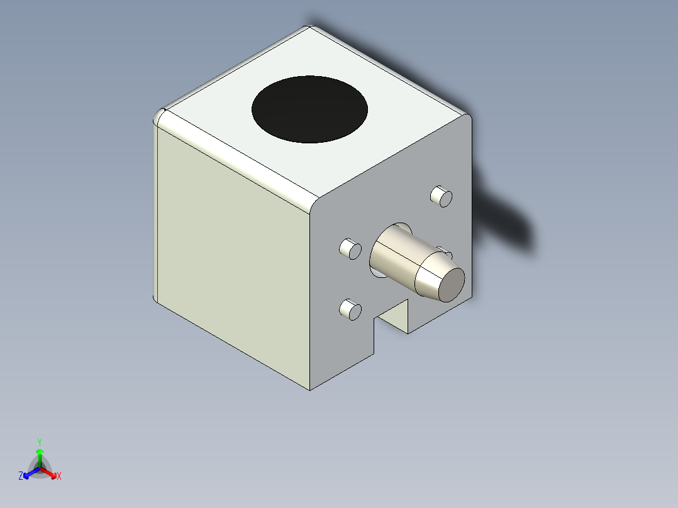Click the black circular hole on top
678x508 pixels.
coord(309,109)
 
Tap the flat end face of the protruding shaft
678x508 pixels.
coord(451,285)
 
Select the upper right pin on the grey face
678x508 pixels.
coord(442,197)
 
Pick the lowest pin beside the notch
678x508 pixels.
coord(350,309)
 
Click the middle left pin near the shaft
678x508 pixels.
coord(350,249)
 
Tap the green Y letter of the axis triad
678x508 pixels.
coord(40,442)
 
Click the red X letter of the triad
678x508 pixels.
coord(59,477)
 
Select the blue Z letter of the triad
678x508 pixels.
coord(21,477)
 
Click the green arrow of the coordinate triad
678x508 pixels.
coord(40,455)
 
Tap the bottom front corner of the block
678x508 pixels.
coord(310,389)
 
